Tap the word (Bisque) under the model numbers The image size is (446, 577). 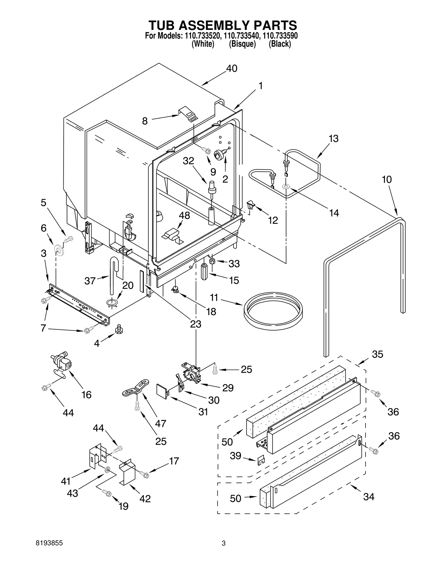[x=242, y=44]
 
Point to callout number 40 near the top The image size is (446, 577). [x=231, y=69]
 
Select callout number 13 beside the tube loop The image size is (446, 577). [x=333, y=138]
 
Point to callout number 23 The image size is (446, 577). [x=195, y=324]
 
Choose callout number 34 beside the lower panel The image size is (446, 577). [x=369, y=496]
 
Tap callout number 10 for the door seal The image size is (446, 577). [x=387, y=180]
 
